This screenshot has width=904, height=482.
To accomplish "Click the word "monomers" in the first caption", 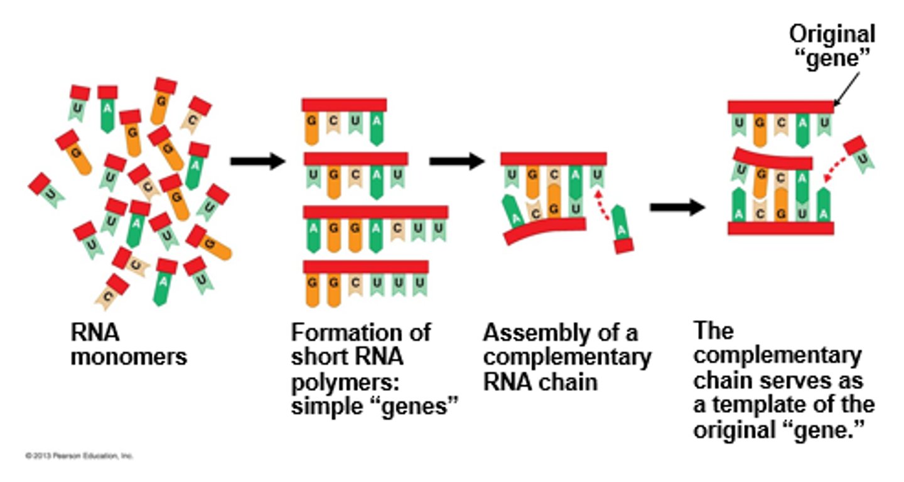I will (x=129, y=356).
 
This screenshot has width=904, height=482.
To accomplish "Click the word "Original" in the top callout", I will (x=832, y=33).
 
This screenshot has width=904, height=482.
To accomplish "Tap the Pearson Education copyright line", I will (x=79, y=456).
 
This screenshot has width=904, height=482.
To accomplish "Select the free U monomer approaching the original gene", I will (x=859, y=154).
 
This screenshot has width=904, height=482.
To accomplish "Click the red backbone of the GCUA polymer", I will (x=344, y=105).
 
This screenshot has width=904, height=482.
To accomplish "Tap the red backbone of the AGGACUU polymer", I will (x=375, y=212).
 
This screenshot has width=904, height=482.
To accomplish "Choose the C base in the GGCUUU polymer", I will (x=355, y=284).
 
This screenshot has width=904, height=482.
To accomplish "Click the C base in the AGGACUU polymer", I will (x=396, y=231).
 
